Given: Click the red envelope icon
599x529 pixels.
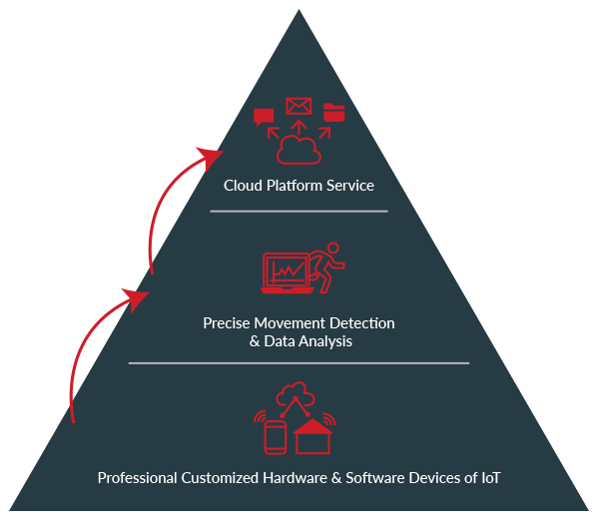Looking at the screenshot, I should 298,106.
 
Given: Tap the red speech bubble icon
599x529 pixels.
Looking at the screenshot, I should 264,117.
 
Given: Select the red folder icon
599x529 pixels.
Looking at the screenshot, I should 333,112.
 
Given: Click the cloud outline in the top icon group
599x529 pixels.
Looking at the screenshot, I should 298,151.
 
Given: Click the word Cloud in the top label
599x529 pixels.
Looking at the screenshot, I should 243,186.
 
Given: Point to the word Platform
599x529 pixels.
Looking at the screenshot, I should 294,186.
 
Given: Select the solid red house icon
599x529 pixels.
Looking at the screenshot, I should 313,436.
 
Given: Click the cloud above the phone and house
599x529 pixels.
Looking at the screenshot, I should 298,393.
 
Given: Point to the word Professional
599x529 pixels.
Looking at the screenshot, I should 139,477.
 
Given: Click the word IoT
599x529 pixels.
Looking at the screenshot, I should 489,477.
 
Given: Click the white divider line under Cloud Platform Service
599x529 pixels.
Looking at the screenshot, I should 299,212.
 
